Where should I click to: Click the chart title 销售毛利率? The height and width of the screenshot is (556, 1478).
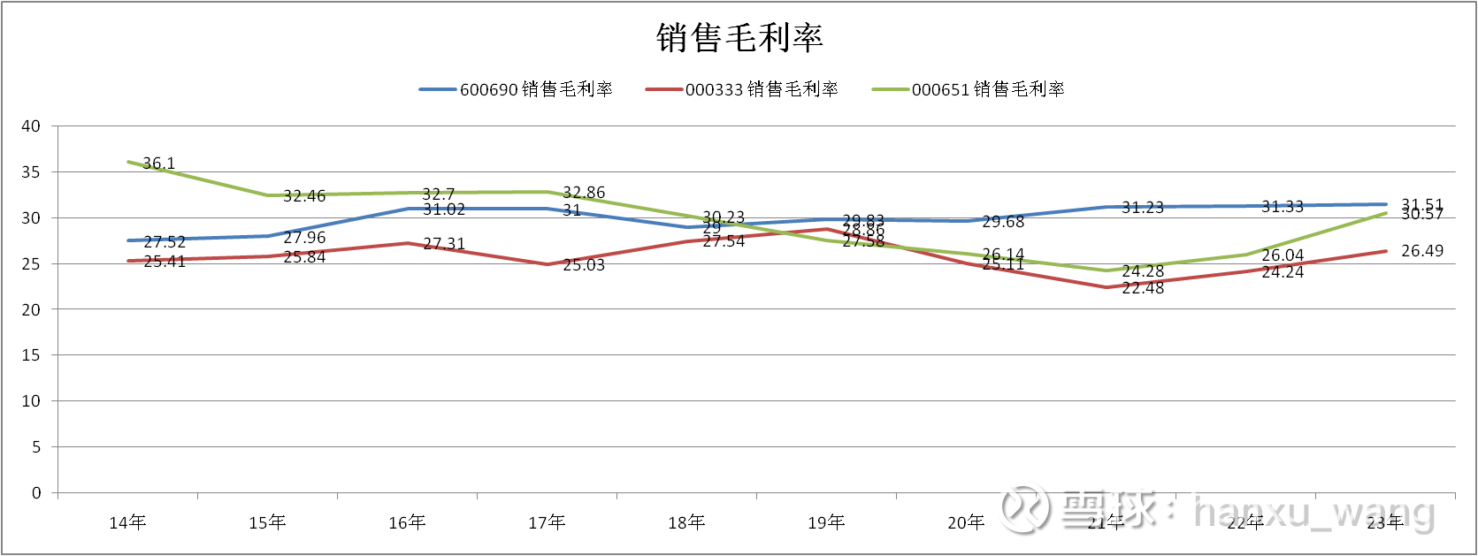[739, 38]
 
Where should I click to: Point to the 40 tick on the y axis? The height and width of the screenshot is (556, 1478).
[31, 126]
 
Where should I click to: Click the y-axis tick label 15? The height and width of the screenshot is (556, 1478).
[31, 355]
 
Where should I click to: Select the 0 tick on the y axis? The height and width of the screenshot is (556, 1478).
[36, 493]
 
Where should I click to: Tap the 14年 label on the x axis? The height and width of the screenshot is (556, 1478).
[127, 523]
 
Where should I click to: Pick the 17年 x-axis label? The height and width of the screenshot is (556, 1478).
[547, 523]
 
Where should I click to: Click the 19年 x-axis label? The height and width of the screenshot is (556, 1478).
[826, 523]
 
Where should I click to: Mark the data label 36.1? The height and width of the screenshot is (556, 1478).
[159, 164]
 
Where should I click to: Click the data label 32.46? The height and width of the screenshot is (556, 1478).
[304, 196]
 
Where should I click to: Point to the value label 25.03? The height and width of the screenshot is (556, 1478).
[584, 265]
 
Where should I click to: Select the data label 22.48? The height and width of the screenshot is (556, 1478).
[1143, 288]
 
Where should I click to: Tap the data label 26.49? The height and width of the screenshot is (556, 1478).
[1422, 251]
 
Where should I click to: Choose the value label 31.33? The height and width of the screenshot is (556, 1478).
[1283, 207]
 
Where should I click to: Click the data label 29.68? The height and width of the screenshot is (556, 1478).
[1003, 222]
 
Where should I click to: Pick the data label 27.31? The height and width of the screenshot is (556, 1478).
[444, 244]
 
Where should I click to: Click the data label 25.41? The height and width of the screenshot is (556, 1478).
[165, 262]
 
